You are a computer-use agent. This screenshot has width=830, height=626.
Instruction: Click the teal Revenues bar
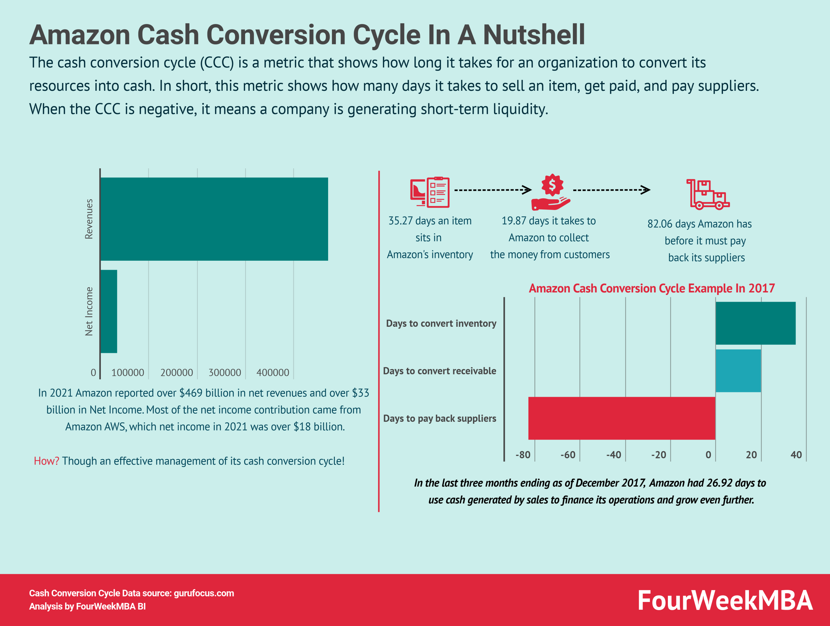click(214, 219)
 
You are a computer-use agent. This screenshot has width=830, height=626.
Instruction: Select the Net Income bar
click(109, 311)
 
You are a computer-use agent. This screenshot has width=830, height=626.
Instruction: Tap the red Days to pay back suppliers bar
click(622, 418)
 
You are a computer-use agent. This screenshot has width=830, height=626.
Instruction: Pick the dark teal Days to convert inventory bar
click(755, 323)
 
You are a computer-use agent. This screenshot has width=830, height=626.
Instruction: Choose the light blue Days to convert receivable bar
click(738, 371)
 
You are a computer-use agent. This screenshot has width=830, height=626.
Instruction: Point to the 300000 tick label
click(225, 372)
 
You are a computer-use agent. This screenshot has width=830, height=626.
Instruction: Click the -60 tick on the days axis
click(568, 455)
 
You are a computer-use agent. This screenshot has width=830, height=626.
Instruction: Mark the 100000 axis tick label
click(127, 372)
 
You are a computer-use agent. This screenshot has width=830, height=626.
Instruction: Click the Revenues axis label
click(89, 219)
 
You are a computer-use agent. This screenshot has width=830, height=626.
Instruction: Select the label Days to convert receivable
click(439, 371)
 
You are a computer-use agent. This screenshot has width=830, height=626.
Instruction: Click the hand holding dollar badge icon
click(551, 192)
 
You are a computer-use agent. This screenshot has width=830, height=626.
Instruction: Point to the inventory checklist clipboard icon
click(430, 192)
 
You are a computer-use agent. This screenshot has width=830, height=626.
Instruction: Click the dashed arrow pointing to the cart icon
click(611, 190)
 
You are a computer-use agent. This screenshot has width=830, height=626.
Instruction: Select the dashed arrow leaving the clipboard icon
click(493, 190)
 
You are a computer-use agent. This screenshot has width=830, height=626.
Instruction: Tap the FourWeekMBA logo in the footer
click(725, 600)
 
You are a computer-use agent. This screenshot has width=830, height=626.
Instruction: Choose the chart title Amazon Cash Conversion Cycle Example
click(651, 288)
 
